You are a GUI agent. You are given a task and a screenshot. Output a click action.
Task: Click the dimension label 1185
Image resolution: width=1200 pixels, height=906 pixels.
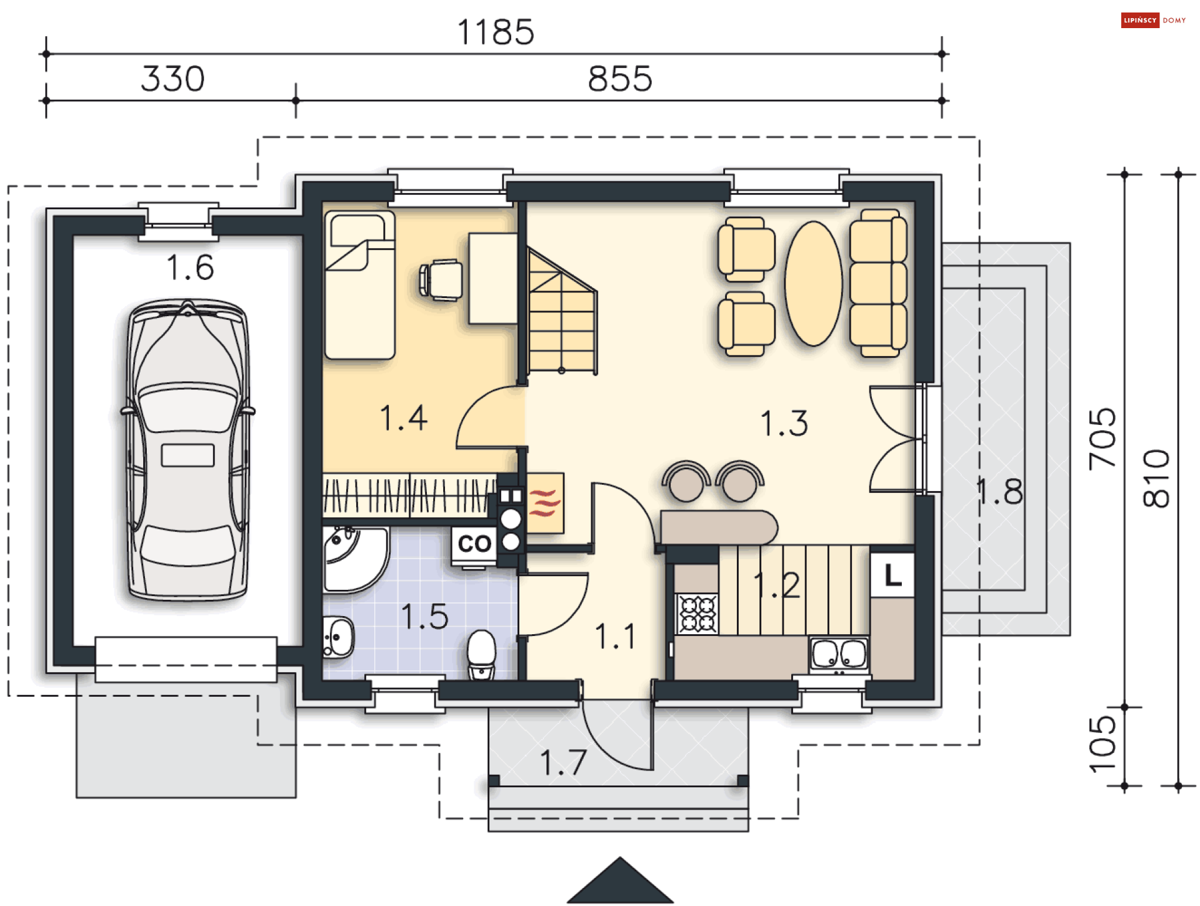pos(496,32)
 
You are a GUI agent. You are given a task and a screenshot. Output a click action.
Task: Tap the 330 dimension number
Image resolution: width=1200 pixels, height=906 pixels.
pos(172,79)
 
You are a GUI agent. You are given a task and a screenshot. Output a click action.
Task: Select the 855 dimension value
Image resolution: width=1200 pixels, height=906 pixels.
pos(620,79)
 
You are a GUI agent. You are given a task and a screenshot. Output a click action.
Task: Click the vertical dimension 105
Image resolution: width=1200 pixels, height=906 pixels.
pos(1102,744)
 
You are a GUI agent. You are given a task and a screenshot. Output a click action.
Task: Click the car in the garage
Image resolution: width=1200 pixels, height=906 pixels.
pos(187,450)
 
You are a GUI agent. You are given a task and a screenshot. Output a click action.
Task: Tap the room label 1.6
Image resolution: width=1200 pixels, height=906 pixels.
pos(190,267)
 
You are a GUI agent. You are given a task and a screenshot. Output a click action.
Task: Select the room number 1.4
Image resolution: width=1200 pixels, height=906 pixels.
pos(404,418)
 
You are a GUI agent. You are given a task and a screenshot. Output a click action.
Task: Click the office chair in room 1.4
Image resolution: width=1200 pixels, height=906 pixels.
pos(441,280)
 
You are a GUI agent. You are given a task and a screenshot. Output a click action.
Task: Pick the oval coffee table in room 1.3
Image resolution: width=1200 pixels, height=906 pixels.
pos(813,283)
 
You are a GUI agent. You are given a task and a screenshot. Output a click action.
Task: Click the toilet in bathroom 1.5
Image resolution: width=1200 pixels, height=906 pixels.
pos(481,654)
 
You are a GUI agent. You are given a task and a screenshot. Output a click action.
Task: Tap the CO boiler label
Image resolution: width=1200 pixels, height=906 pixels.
pos(474,544)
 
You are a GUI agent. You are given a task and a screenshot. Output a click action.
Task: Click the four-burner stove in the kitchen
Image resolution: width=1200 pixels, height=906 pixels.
pos(697,613)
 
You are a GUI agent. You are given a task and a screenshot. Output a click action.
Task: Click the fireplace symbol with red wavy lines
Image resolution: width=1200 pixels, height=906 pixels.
pos(545,503)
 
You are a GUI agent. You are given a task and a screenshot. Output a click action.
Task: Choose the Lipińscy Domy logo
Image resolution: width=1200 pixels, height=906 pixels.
pos(1154,20)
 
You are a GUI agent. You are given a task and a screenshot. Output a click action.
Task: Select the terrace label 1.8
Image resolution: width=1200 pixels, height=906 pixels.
pos(999,491)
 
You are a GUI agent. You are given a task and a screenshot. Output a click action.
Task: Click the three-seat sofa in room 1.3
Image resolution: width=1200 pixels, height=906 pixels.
pos(878,283)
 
